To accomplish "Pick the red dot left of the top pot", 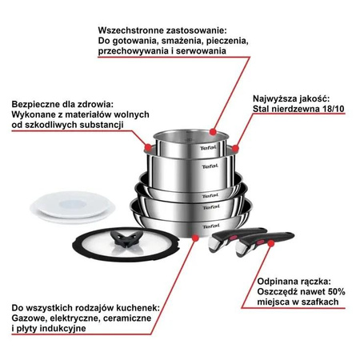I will (146, 147).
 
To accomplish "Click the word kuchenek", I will (137, 306).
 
